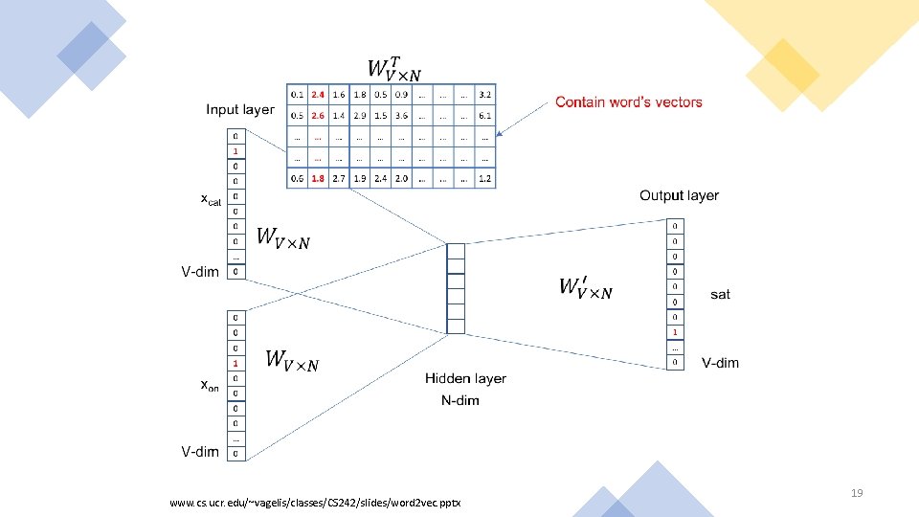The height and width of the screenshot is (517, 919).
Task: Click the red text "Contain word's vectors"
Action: pyautogui.click(x=628, y=102)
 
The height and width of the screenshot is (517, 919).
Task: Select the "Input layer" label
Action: pyautogui.click(x=239, y=110)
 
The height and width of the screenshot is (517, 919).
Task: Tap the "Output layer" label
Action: pyautogui.click(x=679, y=196)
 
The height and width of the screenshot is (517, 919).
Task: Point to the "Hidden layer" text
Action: pyautogui.click(x=465, y=379)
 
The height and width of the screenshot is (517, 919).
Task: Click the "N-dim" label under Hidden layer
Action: pyautogui.click(x=460, y=400)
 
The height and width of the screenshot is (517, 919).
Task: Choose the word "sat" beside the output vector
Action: pyautogui.click(x=720, y=295)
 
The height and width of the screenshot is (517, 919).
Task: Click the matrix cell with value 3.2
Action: pyautogui.click(x=485, y=95)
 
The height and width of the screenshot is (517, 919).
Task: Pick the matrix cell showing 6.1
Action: pyautogui.click(x=485, y=115)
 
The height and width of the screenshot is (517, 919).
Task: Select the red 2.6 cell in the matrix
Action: pyautogui.click(x=318, y=115)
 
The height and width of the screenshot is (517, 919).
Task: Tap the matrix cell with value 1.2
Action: pyautogui.click(x=485, y=178)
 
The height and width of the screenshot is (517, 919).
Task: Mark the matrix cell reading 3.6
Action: pyautogui.click(x=401, y=115)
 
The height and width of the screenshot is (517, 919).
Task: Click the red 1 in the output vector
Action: pyautogui.click(x=676, y=332)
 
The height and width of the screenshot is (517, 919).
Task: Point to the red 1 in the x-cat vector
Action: pyautogui.click(x=235, y=151)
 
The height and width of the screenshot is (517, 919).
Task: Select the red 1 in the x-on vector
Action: pyautogui.click(x=235, y=363)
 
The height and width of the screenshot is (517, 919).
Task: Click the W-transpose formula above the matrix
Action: pyautogui.click(x=393, y=67)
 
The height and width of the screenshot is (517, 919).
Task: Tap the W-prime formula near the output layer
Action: pyautogui.click(x=585, y=287)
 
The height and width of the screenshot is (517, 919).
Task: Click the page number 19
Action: pyautogui.click(x=857, y=493)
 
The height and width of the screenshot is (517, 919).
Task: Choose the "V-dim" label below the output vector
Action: pyautogui.click(x=720, y=363)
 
